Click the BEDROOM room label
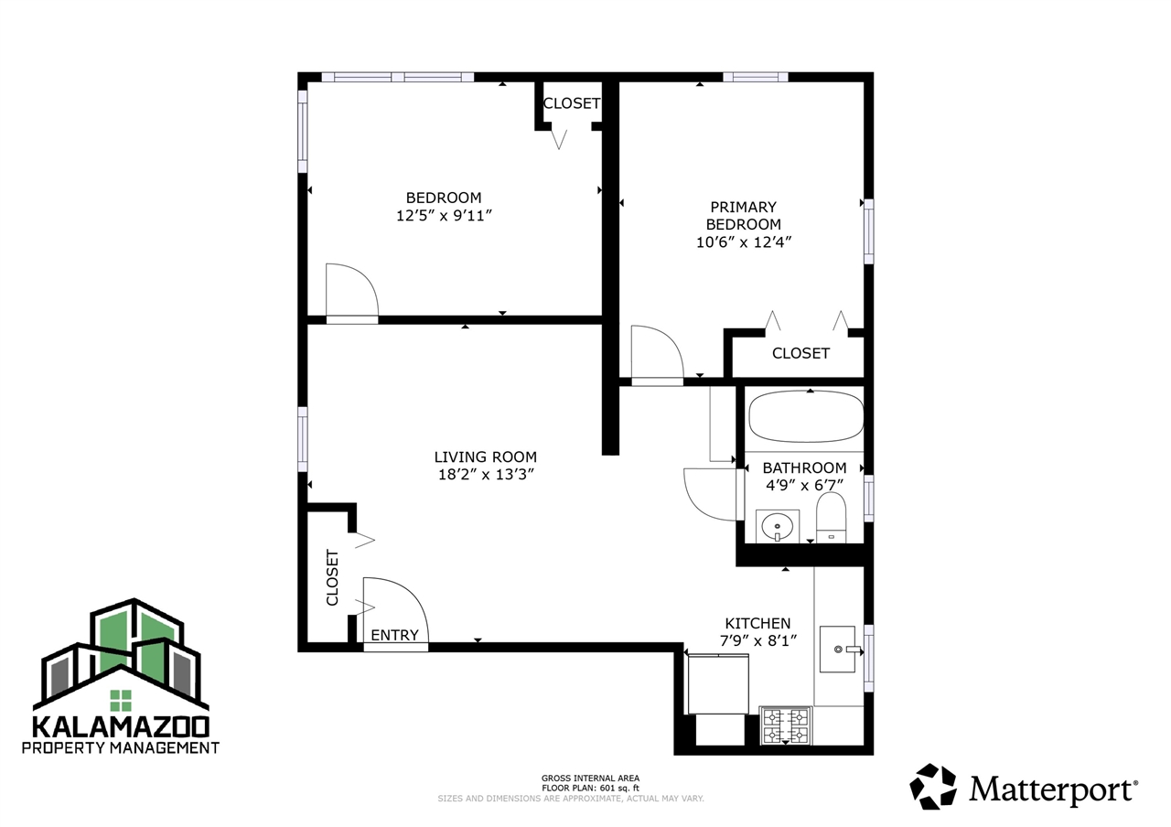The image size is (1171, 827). click(444, 198)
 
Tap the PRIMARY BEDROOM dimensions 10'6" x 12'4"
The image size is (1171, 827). click(743, 242)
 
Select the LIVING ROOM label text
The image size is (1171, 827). click(485, 456)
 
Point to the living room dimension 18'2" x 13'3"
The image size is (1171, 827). click(485, 475)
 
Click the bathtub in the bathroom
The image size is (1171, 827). click(805, 418)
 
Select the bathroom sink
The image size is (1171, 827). click(778, 526)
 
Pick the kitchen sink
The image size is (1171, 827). click(837, 649)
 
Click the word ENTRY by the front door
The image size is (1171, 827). click(394, 635)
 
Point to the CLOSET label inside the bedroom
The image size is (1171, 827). click(572, 103)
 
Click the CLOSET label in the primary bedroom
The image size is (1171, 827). click(800, 353)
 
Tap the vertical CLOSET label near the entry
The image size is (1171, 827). click(332, 577)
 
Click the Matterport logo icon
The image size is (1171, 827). click(933, 787)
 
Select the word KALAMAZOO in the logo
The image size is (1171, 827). click(121, 727)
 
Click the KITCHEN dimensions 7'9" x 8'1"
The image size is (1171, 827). click(757, 641)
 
